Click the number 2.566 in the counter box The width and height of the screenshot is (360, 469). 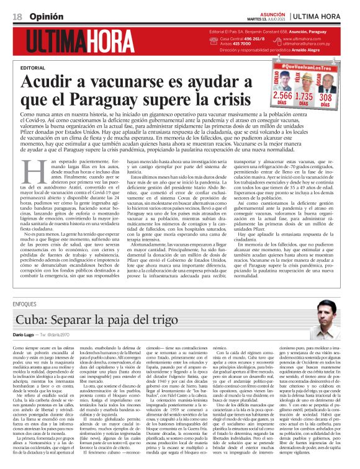pyautogui.click(x=282, y=97)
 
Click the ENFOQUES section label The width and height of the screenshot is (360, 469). pyautogui.click(x=24, y=305)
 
